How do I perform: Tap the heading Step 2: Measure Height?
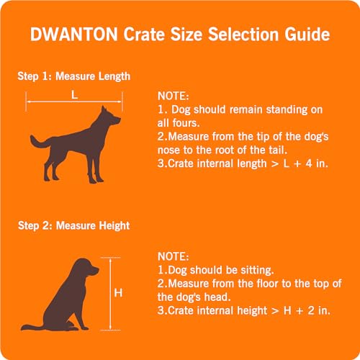point(73,226)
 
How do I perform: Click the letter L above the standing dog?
point(74,94)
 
